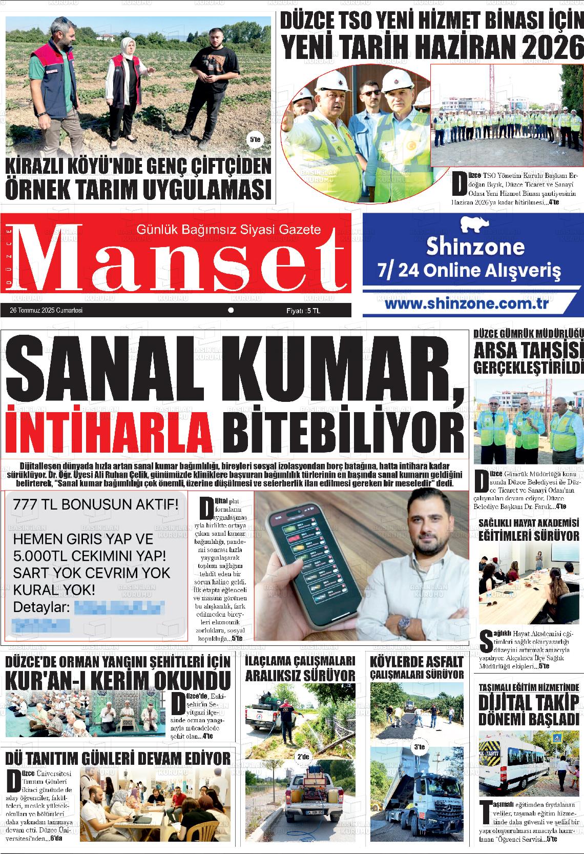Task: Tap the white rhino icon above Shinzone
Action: tap(474, 225)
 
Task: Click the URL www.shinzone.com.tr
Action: tap(466, 303)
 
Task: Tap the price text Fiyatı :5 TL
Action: tap(303, 311)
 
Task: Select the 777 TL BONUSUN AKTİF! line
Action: tap(96, 505)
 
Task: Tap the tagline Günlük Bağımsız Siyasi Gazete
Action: tap(228, 230)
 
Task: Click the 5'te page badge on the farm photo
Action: tap(253, 139)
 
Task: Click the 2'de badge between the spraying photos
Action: tap(303, 756)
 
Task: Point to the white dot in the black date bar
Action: tap(231, 310)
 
